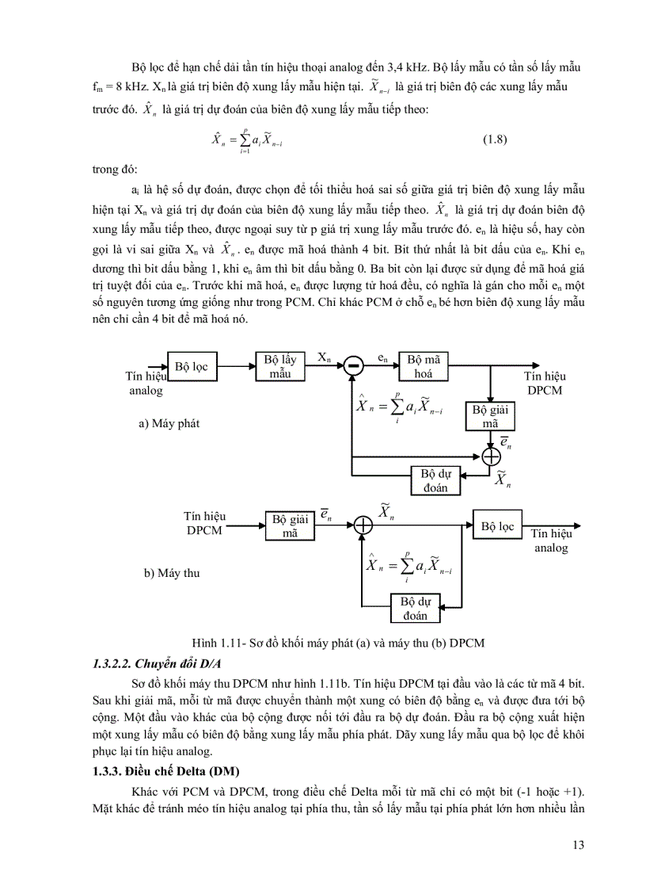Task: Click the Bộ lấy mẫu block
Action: pyautogui.click(x=280, y=366)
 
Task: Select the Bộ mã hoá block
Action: pyautogui.click(x=423, y=366)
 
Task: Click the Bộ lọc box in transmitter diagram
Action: pyautogui.click(x=192, y=367)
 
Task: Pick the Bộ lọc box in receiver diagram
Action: pyautogui.click(x=497, y=525)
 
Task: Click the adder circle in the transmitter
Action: pyautogui.click(x=492, y=456)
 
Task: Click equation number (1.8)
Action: pyautogui.click(x=494, y=140)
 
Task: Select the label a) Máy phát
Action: pyautogui.click(x=169, y=423)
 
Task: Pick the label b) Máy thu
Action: pyautogui.click(x=171, y=573)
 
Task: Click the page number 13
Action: pyautogui.click(x=577, y=845)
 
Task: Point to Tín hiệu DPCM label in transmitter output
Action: pyautogui.click(x=545, y=384)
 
